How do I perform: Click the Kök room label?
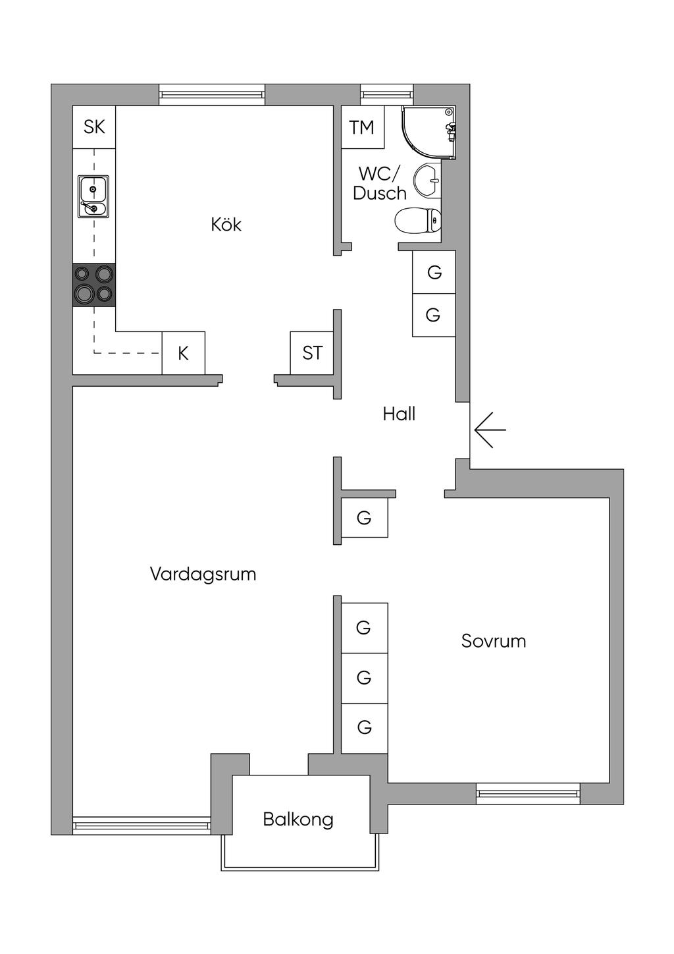pyautogui.click(x=226, y=225)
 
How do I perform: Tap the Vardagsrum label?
pyautogui.click(x=203, y=574)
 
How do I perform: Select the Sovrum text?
pyautogui.click(x=494, y=641)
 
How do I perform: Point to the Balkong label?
pyautogui.click(x=298, y=820)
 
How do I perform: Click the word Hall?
pyautogui.click(x=399, y=414)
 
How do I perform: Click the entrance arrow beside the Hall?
pyautogui.click(x=490, y=430)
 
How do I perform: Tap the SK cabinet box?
pyautogui.click(x=94, y=127)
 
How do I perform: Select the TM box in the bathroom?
pyautogui.click(x=363, y=127)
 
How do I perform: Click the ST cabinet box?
pyautogui.click(x=311, y=353)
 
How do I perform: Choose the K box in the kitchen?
pyautogui.click(x=184, y=353)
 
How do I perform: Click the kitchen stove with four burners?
pyautogui.click(x=94, y=285)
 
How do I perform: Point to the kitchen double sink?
pyautogui.click(x=93, y=197)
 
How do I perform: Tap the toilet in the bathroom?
pyautogui.click(x=418, y=220)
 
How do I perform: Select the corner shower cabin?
pyautogui.click(x=428, y=132)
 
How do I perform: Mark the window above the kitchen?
pyautogui.click(x=212, y=95)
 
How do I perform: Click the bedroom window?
pyautogui.click(x=528, y=793)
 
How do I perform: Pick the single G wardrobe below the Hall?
pyautogui.click(x=365, y=517)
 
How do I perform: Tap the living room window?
pyautogui.click(x=142, y=826)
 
